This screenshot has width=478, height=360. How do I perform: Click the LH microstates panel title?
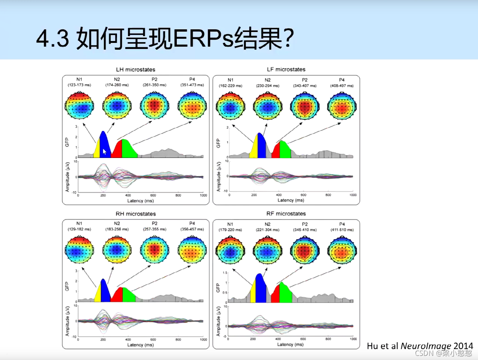coord(135,70)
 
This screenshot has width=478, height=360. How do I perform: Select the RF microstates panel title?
coord(286,214)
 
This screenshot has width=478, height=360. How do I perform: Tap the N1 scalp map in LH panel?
coord(79,106)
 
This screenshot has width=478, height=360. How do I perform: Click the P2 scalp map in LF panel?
coord(305,107)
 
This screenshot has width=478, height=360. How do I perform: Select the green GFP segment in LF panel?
coord(285,150)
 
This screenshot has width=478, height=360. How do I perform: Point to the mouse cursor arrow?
coord(105,152)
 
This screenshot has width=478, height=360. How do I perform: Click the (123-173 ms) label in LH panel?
coord(79,85)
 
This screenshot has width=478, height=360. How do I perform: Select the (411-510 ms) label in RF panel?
coord(342,230)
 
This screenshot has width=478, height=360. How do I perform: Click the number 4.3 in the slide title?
coord(52,39)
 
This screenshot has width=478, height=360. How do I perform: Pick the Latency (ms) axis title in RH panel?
coord(140,345)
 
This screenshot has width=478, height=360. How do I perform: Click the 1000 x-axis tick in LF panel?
coord(353,195)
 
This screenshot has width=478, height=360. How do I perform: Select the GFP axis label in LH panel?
coord(67,142)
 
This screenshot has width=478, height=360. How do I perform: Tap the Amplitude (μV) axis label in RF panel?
coord(218,321)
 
